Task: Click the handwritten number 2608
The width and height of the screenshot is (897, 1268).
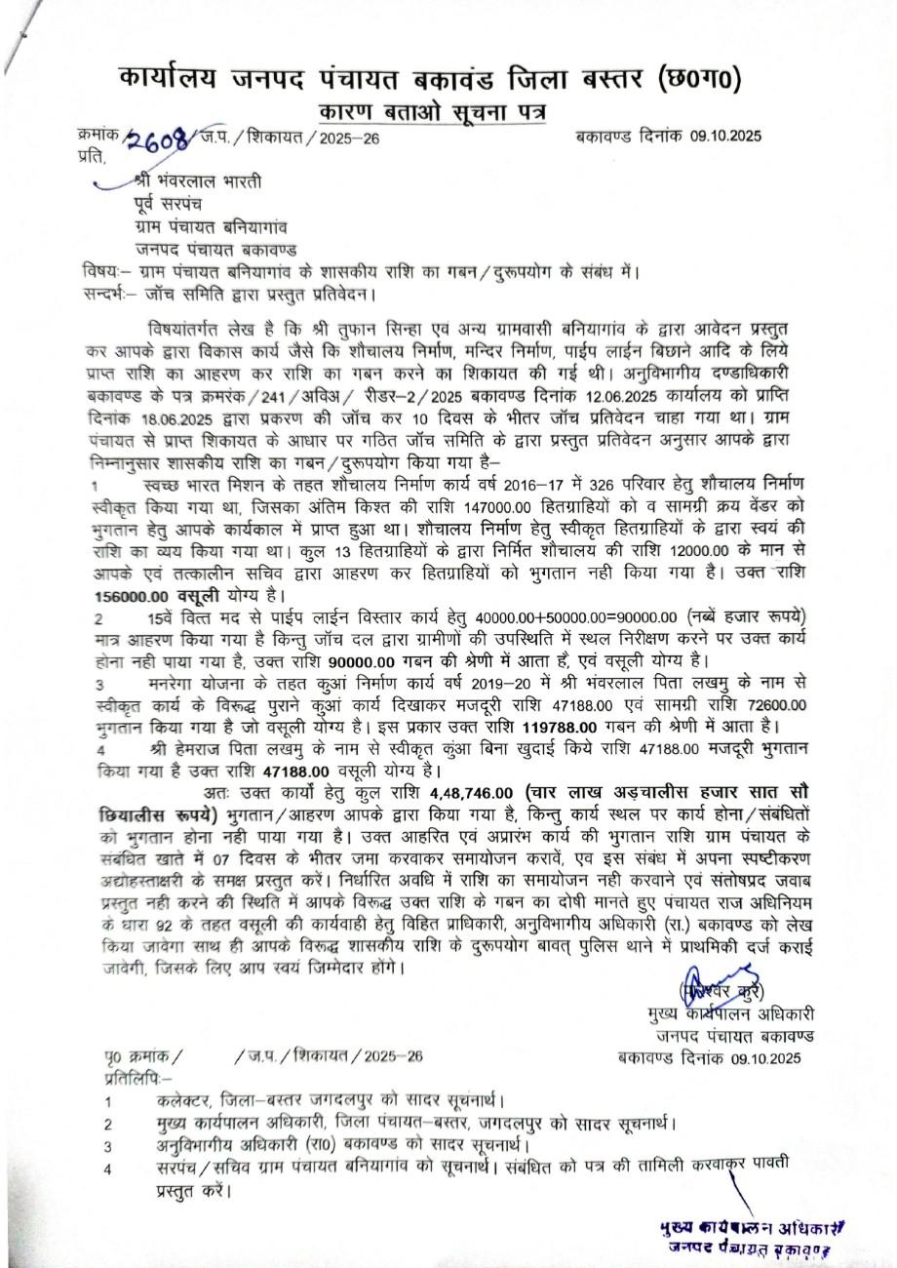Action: coord(155,139)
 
